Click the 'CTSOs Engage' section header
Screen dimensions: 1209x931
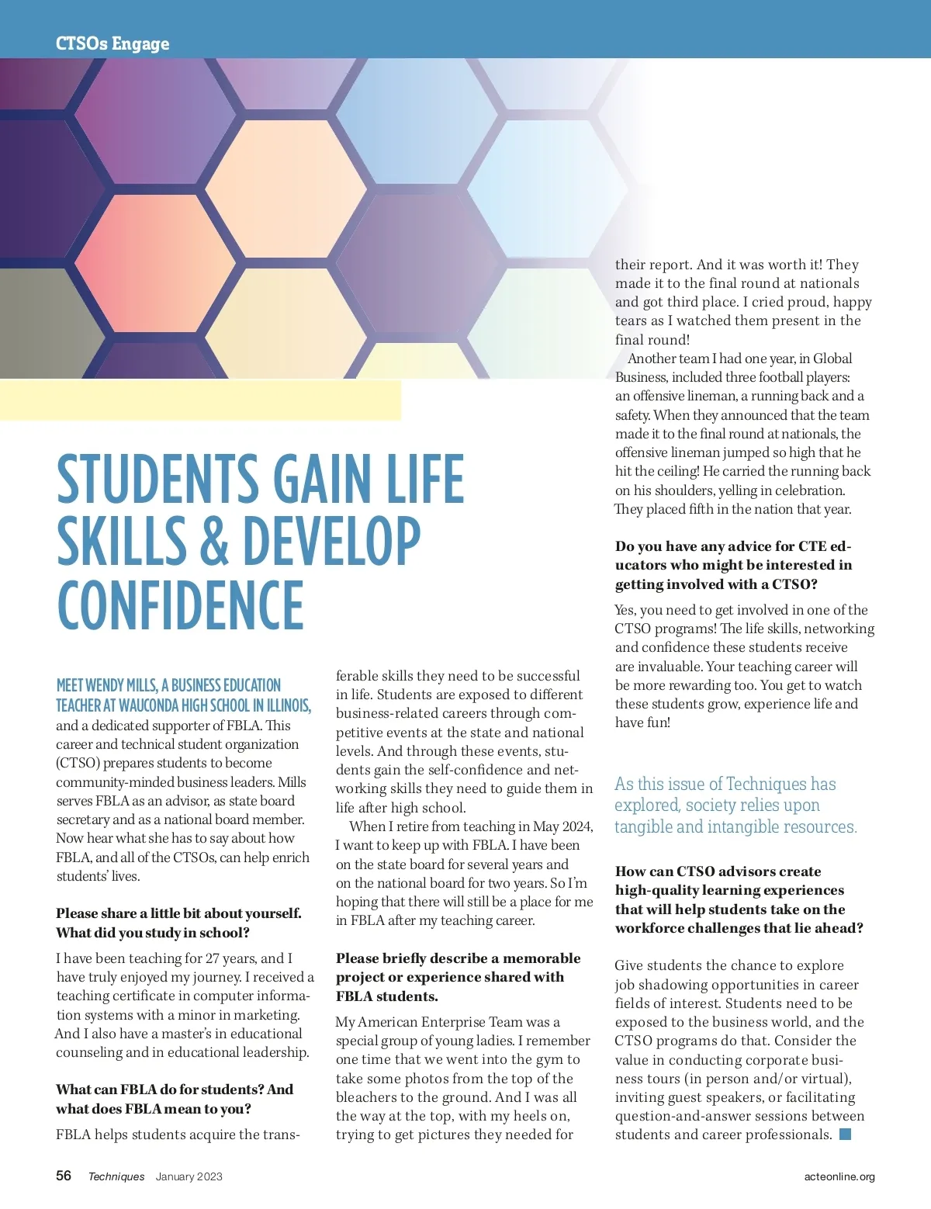coord(112,43)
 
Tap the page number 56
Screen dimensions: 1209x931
coord(64,1176)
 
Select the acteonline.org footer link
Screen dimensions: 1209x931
coord(839,1176)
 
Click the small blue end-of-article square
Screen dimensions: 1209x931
coord(846,1135)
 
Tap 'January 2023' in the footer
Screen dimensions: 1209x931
coord(189,1176)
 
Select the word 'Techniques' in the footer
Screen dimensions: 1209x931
coord(116,1176)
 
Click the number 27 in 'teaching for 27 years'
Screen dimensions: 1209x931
coord(213,958)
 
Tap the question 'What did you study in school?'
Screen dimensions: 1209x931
coord(153,933)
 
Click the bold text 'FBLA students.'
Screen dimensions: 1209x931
coord(386,996)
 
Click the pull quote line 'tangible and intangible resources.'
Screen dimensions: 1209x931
coord(735,827)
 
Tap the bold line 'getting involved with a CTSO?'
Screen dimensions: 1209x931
coord(716,584)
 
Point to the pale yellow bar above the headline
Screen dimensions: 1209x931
coord(200,400)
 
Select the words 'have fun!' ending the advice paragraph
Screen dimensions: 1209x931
coord(642,722)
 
